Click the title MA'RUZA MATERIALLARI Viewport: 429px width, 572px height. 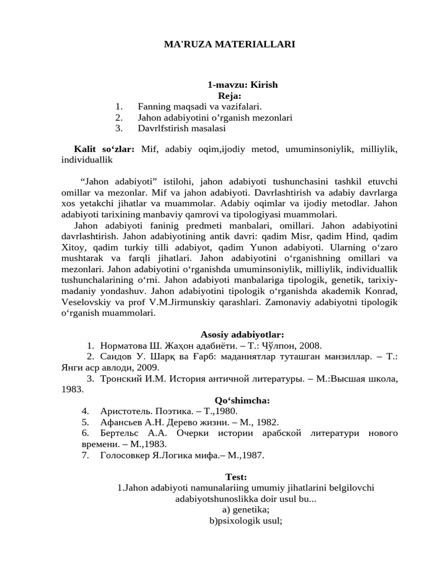point(229,44)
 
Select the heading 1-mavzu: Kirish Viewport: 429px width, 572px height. point(242,85)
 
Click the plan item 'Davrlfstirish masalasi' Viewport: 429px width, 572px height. point(182,128)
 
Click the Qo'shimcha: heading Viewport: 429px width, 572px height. point(242,400)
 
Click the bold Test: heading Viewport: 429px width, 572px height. point(236,476)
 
